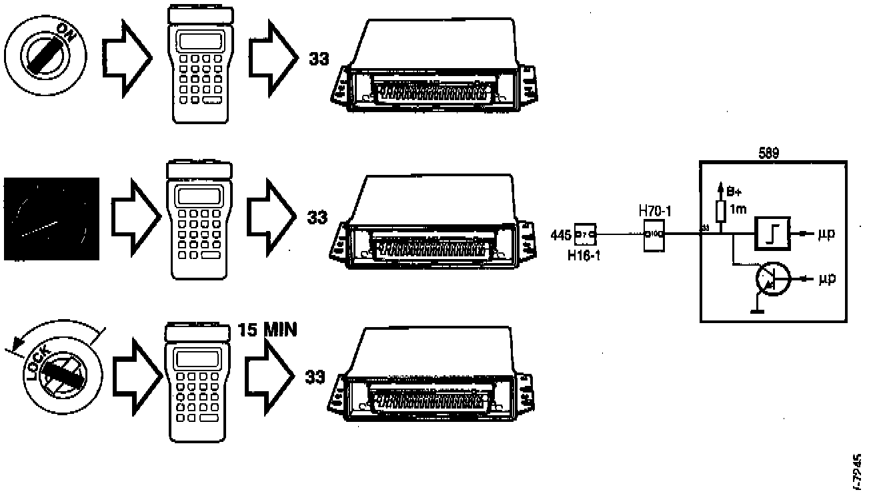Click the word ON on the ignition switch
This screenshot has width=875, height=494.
point(67,31)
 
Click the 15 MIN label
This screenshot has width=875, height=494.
point(267,330)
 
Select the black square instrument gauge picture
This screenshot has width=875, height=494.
point(51,218)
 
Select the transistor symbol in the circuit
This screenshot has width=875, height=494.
point(772,279)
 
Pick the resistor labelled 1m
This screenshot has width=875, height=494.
point(720,212)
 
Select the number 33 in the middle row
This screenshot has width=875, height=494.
point(317,217)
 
